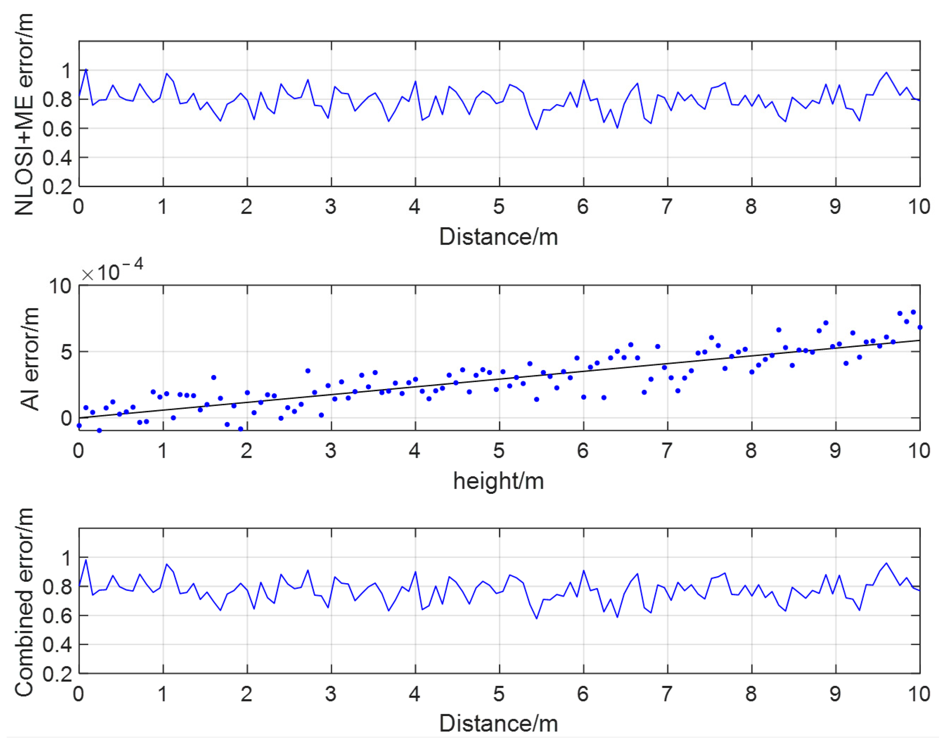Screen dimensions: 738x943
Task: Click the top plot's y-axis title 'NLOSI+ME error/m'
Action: [x=24, y=114]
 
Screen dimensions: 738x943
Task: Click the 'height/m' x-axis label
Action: [x=499, y=481]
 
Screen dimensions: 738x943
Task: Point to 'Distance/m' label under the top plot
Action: [x=499, y=237]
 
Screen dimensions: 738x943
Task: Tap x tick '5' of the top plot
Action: [x=499, y=207]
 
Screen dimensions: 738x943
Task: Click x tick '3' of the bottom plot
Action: [x=331, y=694]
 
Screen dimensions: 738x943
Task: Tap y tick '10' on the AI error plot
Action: [x=60, y=286]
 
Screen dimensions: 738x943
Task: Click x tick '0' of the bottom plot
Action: [x=78, y=694]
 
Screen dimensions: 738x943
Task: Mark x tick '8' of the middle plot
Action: [x=751, y=451]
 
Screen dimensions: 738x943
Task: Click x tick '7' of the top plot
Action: [x=667, y=207]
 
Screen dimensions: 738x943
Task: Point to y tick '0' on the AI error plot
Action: [x=66, y=418]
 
